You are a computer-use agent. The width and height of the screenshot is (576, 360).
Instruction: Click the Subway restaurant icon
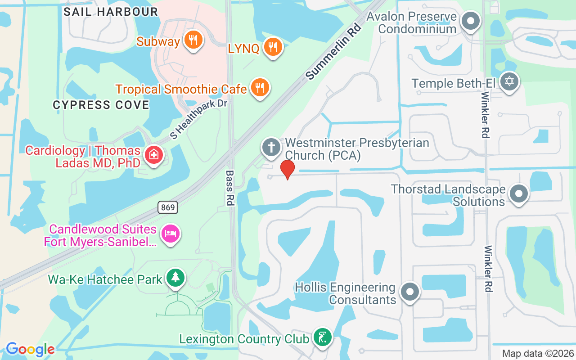point(193,40)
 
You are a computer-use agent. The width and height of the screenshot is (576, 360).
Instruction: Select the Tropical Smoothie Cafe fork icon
point(259,88)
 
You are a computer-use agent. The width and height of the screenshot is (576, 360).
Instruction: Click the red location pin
point(287,169)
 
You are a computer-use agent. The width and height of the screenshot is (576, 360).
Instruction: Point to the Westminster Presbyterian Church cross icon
point(271,148)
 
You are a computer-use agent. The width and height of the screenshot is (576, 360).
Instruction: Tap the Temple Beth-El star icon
point(509,82)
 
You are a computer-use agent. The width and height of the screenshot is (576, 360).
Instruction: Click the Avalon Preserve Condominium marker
point(471,21)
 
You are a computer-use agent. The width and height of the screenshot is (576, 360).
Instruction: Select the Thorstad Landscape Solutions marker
point(518,194)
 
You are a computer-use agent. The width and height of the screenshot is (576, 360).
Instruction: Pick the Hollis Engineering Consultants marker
point(409,292)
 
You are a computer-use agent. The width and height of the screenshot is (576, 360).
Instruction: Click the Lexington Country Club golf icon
point(322,337)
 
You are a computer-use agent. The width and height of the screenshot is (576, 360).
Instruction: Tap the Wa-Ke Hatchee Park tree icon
point(175,278)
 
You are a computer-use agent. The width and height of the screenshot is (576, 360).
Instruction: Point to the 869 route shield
point(168,207)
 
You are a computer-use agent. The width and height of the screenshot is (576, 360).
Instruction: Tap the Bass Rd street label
point(230,188)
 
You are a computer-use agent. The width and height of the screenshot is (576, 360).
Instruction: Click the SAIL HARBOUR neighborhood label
point(111,12)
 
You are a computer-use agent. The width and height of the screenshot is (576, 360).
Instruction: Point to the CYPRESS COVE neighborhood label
point(101,105)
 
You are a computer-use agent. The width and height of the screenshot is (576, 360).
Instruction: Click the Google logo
point(30,349)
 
